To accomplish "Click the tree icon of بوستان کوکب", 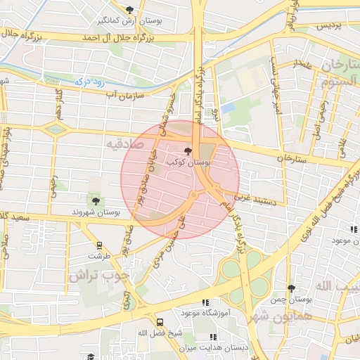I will pyautogui.click(x=187, y=150).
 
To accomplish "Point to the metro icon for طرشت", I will pyautogui.click(x=99, y=246).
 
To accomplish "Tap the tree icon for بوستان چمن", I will pyautogui.click(x=291, y=288).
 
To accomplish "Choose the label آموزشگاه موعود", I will pyautogui.click(x=181, y=311).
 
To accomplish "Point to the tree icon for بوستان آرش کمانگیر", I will pyautogui.click(x=129, y=10).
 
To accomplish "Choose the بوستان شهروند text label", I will pyautogui.click(x=96, y=212).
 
